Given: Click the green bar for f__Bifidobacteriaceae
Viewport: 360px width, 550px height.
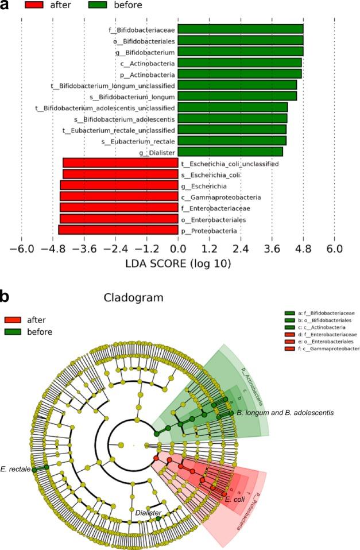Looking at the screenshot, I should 241,29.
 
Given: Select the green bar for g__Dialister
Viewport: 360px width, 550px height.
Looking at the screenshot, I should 230,152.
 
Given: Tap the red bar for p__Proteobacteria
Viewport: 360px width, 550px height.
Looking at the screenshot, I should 118,230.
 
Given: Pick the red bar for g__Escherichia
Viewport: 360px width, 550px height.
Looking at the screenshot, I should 119,185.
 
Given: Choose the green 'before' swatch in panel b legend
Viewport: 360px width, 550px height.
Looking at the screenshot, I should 14,332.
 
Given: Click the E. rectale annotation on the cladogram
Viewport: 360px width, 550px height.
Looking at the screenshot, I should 16,468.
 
